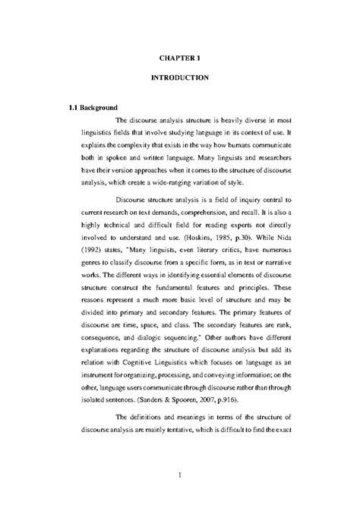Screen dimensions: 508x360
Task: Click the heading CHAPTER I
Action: coord(179,56)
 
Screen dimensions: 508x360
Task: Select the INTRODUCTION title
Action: coord(179,78)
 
